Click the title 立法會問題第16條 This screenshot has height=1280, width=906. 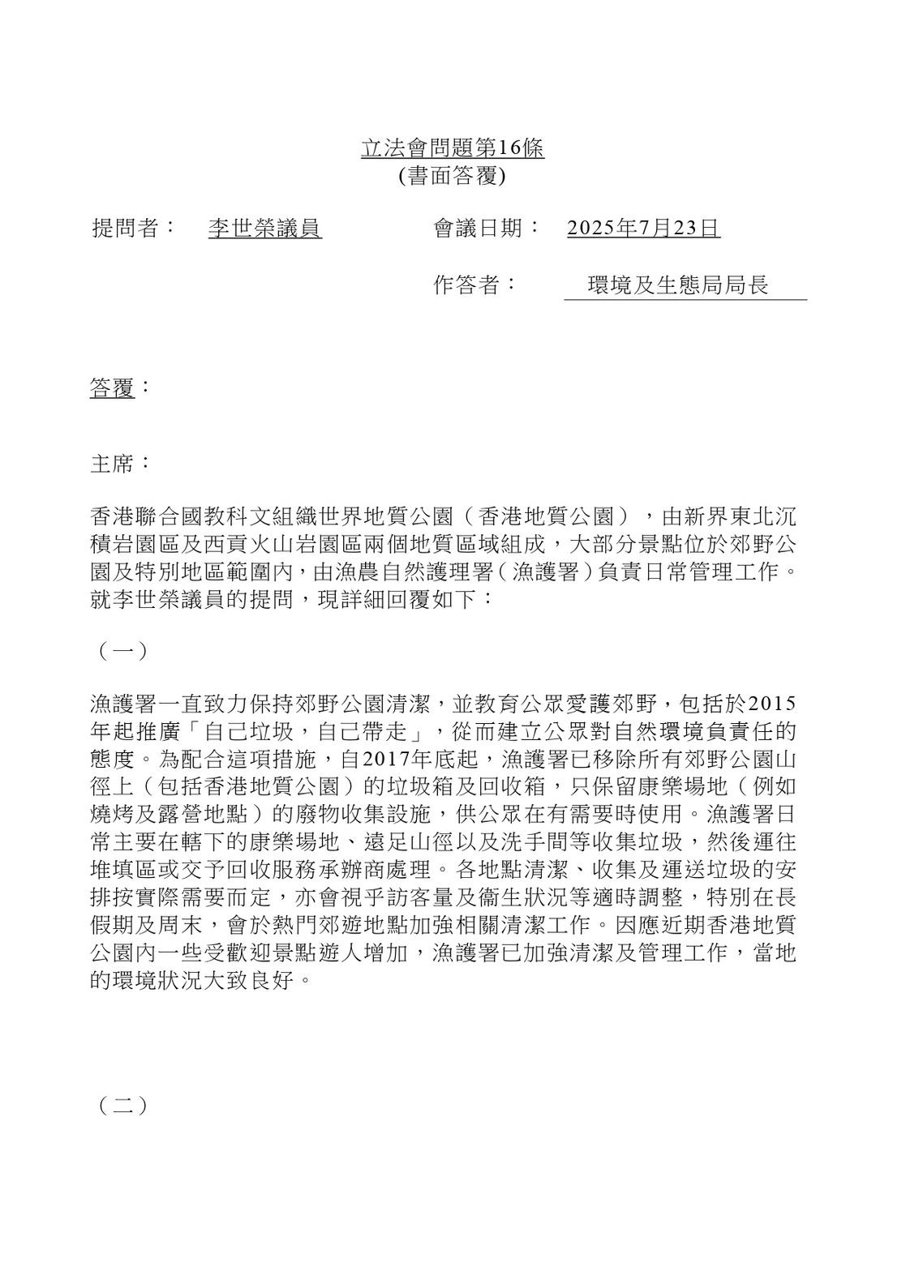pyautogui.click(x=453, y=148)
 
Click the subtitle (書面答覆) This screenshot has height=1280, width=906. pyautogui.click(x=453, y=176)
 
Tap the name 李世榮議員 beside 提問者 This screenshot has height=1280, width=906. pyautogui.click(x=265, y=229)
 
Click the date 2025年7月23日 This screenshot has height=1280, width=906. pyautogui.click(x=643, y=229)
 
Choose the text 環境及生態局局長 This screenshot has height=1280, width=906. pyautogui.click(x=678, y=285)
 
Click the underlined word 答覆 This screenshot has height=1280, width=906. pyautogui.click(x=112, y=388)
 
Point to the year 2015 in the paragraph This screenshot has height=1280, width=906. pyautogui.click(x=774, y=702)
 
